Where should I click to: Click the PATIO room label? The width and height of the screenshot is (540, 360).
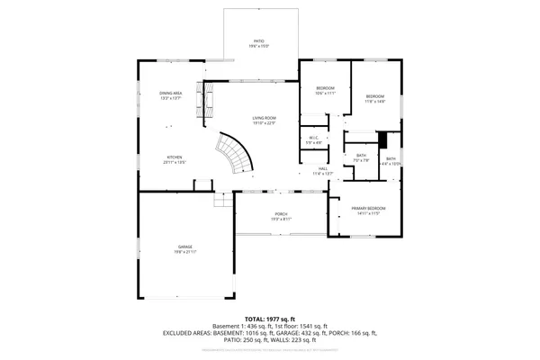[x=259, y=40]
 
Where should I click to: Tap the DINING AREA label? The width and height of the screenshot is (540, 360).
[x=171, y=94]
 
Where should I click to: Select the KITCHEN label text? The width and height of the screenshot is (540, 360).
[x=174, y=157]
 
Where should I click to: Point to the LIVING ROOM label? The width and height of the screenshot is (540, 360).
[x=263, y=119]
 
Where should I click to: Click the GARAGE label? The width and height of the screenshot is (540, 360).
[x=184, y=247]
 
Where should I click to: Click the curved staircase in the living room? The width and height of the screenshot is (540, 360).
[x=236, y=154]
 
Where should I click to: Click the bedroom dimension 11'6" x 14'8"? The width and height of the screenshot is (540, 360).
[x=374, y=102]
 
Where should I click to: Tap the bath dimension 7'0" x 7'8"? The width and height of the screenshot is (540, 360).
[x=361, y=160]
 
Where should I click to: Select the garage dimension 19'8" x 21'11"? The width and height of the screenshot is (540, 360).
[x=184, y=252]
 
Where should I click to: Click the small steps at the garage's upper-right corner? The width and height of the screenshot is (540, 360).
[x=221, y=201]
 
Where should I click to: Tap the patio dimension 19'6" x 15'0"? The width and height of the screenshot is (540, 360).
[x=259, y=46]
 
